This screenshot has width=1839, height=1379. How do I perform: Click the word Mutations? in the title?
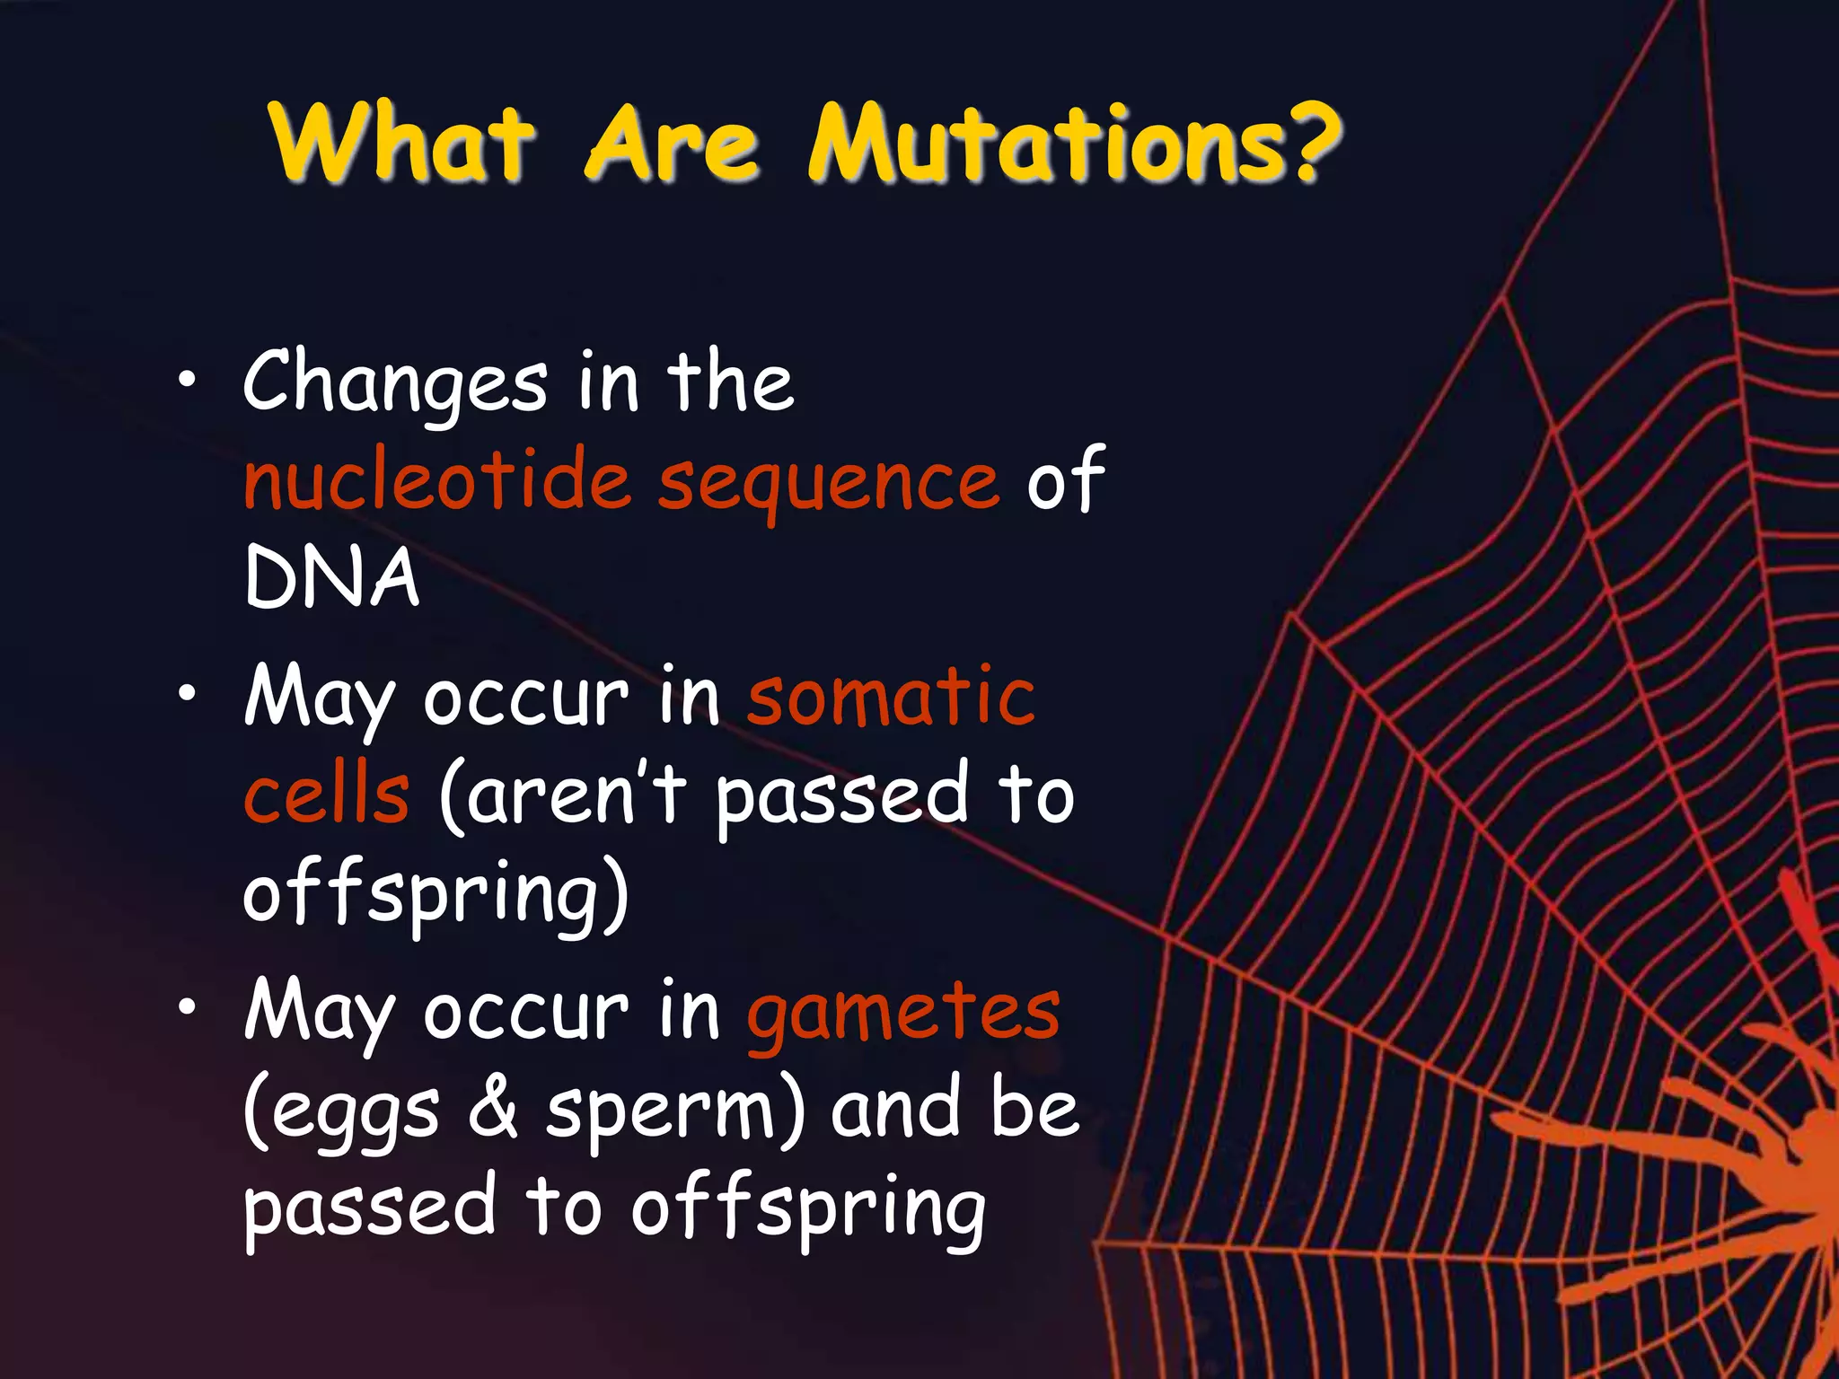click(x=1073, y=144)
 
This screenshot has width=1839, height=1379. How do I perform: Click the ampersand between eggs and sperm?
click(x=493, y=1109)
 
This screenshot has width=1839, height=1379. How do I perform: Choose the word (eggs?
click(x=342, y=1113)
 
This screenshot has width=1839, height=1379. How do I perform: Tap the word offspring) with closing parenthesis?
click(x=436, y=893)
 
